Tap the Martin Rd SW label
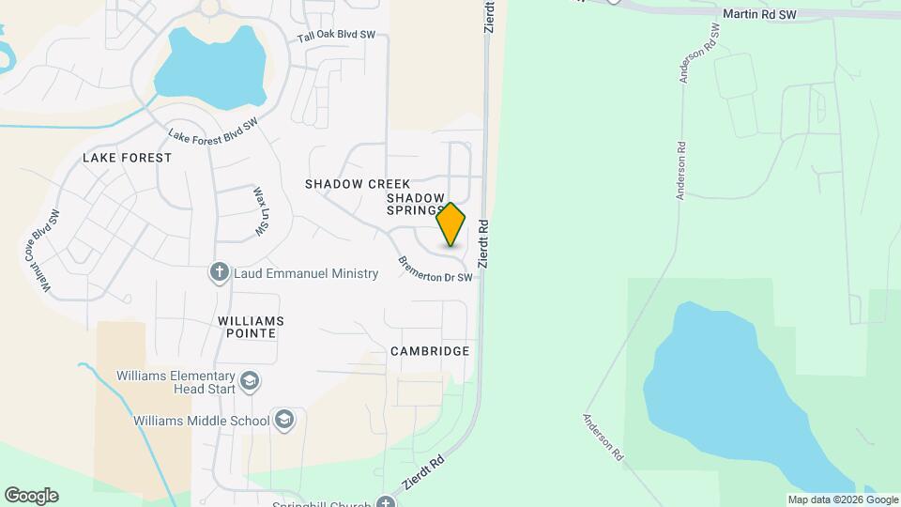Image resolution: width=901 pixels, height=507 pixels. pos(759,15)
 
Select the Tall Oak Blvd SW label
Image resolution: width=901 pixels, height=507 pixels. pos(336,37)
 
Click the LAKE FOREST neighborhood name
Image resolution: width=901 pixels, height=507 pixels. pos(128,158)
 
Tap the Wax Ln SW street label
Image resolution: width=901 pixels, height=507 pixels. pos(261,210)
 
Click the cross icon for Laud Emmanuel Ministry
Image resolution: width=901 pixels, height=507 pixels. pos(219,273)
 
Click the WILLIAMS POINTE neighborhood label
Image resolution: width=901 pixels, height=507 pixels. pos(251,327)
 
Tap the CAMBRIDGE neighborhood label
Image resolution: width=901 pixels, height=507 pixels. pos(430,351)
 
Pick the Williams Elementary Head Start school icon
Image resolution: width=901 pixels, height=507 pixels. pos(250,381)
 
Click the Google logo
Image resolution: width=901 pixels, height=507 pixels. pos(31,496)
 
